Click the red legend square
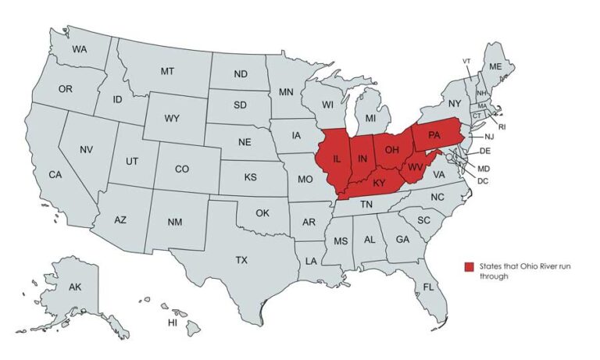click(470, 267)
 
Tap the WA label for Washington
click(79, 49)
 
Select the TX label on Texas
click(241, 260)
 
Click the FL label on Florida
click(428, 287)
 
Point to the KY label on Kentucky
click(380, 184)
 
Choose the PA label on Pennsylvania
click(434, 136)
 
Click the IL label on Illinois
click(337, 159)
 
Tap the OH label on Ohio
click(392, 149)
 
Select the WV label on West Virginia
click(416, 167)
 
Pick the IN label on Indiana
click(362, 159)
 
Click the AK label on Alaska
click(75, 287)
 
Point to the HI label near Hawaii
click(173, 322)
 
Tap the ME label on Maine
click(495, 67)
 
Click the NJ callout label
click(489, 137)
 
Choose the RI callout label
click(502, 126)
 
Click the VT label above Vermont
click(466, 61)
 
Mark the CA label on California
click(55, 175)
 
